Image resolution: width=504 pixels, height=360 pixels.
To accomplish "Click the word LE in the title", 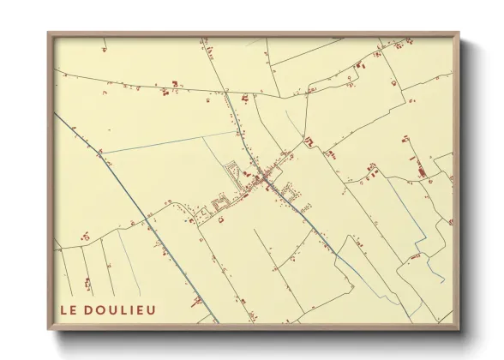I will pyautogui.click(x=69, y=309).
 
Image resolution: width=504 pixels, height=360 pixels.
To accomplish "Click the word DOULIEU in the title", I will pyautogui.click(x=122, y=309).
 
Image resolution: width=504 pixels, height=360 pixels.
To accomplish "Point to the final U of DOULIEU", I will pyautogui.click(x=152, y=309).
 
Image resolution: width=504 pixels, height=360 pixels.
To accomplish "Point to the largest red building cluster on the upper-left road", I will pyautogui.click(x=175, y=84).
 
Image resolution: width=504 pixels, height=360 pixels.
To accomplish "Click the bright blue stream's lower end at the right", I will pyautogui.click(x=442, y=280).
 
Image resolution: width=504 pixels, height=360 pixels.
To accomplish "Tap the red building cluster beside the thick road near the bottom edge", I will pyautogui.click(x=197, y=302).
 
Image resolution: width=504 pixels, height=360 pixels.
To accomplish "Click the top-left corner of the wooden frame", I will pyautogui.click(x=49, y=33).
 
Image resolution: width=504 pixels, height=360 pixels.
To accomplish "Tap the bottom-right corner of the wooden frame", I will pyautogui.click(x=458, y=328).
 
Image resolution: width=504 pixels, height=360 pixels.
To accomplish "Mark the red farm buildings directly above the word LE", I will pyautogui.click(x=87, y=282).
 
